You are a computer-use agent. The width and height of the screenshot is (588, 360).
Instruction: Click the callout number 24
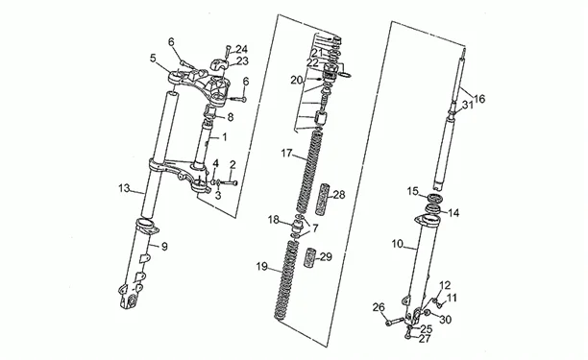click(x=242, y=49)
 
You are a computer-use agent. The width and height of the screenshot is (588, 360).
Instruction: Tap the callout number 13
click(x=124, y=188)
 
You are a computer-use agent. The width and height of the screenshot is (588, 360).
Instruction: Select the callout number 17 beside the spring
click(x=286, y=154)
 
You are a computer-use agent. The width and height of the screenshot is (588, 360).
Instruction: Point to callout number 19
click(x=262, y=267)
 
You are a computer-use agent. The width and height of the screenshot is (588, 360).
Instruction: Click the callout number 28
click(x=339, y=195)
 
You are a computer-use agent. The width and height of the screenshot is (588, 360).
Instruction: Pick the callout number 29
click(x=326, y=257)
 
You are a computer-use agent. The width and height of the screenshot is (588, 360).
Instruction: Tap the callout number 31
click(x=468, y=106)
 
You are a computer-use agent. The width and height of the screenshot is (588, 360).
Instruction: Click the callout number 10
click(x=398, y=244)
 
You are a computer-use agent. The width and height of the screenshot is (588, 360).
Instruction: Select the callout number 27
click(x=425, y=339)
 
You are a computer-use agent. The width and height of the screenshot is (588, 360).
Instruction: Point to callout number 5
click(x=153, y=58)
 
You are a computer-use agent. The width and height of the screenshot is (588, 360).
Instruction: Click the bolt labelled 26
click(x=395, y=322)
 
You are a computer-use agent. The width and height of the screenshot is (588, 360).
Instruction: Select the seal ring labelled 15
click(x=435, y=198)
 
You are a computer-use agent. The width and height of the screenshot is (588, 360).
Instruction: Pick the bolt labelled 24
click(x=229, y=51)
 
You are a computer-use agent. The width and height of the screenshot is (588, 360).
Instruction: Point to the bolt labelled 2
click(x=228, y=183)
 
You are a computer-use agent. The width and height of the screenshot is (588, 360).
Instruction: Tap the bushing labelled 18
click(x=298, y=227)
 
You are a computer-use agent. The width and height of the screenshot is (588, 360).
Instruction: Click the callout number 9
click(x=164, y=247)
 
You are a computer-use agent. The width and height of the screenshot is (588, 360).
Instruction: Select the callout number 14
click(x=453, y=213)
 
